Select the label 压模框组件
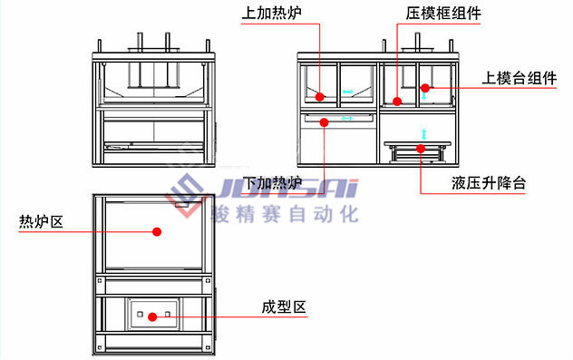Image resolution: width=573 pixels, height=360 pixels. (443, 15)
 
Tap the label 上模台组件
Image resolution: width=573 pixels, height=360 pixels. (520, 79)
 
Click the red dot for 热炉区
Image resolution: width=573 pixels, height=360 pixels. (156, 232)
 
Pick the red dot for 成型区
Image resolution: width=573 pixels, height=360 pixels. (153, 316)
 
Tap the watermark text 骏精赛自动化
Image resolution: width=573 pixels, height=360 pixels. (284, 215)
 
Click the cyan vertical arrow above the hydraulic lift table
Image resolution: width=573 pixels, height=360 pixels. (421, 134)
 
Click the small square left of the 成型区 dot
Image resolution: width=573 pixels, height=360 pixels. (140, 316)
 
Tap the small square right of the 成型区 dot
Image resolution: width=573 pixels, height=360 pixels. (168, 316)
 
